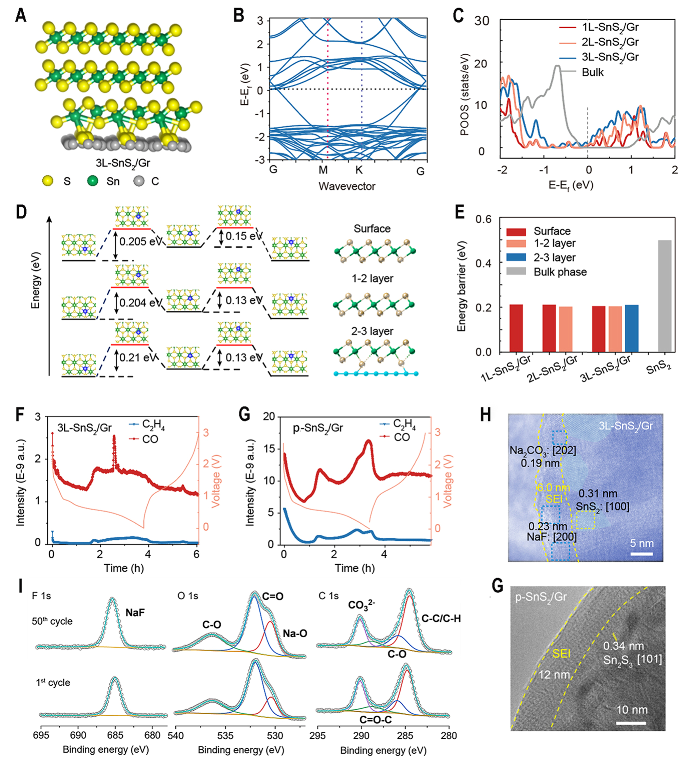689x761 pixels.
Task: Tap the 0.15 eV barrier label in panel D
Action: [x=244, y=236]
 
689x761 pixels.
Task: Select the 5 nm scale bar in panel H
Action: [x=641, y=554]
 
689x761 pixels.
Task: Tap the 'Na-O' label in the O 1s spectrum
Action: [x=295, y=633]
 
